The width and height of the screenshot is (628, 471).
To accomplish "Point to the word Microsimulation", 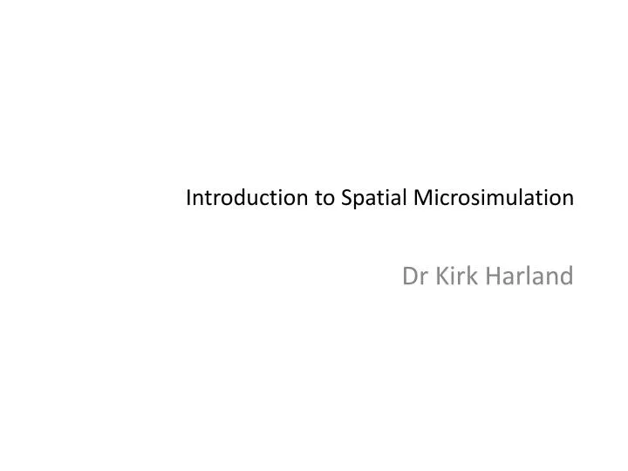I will point(494,199).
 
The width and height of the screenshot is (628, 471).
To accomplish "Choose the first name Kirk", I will point(453,277).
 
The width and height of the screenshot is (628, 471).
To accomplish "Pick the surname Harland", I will point(529,277).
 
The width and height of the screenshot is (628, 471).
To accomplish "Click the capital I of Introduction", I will point(189,199).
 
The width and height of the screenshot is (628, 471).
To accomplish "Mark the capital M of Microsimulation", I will point(422,199).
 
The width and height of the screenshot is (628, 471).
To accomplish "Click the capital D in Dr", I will point(407,277).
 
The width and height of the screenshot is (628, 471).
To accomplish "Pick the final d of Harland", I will point(567,277).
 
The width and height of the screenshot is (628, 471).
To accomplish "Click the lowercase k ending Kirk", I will point(468,277).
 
